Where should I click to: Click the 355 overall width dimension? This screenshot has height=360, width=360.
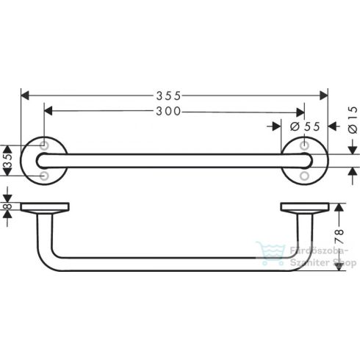173,95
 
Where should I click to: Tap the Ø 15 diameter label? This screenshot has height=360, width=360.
352,120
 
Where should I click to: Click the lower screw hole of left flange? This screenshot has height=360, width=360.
46,176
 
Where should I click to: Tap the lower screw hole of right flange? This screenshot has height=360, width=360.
303,176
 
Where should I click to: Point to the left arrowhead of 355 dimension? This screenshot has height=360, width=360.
24,95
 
